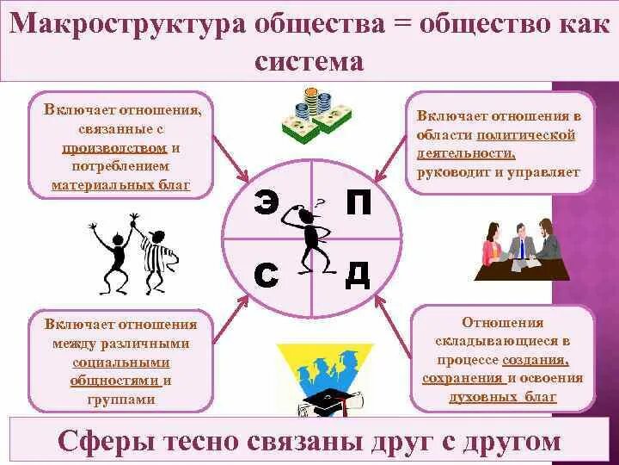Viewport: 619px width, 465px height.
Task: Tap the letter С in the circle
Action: point(267,275)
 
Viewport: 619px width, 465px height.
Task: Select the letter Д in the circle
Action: point(357,275)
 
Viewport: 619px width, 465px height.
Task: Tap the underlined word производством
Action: point(120,148)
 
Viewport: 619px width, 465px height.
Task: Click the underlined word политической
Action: point(526,135)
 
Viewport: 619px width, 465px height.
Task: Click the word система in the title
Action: point(309,63)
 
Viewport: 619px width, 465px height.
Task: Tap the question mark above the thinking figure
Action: point(319,203)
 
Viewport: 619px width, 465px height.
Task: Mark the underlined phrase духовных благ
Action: point(502,397)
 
